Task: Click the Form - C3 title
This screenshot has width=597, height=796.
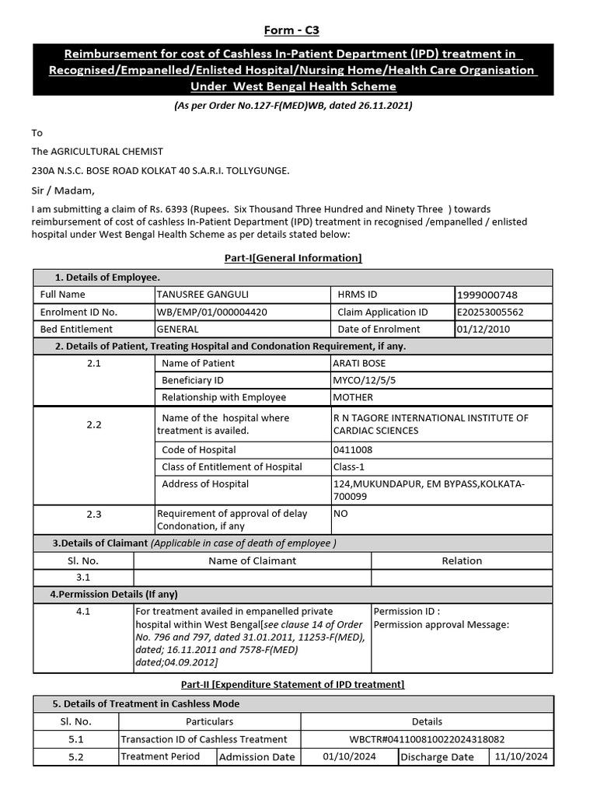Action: click(292, 30)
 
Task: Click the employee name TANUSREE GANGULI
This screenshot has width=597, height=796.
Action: click(203, 295)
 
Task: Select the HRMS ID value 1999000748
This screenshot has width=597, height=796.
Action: click(487, 295)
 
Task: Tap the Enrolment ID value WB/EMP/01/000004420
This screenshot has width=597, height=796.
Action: click(212, 312)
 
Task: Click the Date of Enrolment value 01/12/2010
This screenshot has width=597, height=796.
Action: click(487, 330)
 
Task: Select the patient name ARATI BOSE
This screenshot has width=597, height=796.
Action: click(359, 363)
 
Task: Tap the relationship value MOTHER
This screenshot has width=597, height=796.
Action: click(353, 397)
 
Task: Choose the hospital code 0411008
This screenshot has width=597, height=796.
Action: click(352, 450)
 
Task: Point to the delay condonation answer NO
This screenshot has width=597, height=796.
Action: click(340, 514)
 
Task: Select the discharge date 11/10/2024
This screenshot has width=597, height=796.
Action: click(522, 756)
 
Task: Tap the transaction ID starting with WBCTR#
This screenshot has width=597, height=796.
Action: click(427, 739)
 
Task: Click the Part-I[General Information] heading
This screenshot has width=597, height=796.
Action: click(292, 258)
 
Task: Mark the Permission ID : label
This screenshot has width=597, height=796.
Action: click(407, 612)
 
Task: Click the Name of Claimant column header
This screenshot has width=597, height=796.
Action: click(252, 560)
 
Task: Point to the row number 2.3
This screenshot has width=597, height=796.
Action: click(94, 514)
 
